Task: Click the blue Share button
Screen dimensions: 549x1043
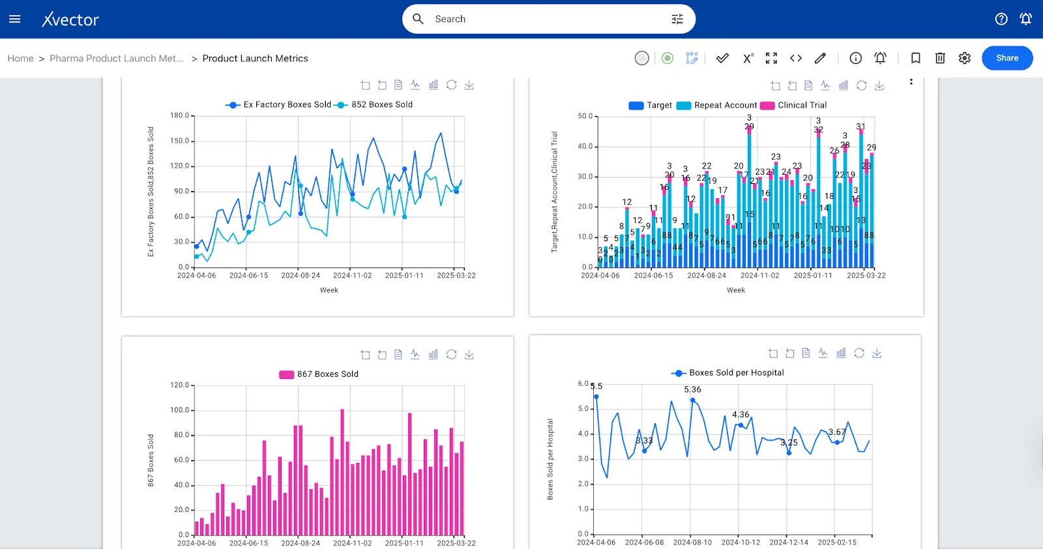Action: click(1006, 58)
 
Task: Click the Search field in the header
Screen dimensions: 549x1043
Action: click(548, 19)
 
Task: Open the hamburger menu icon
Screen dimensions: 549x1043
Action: click(14, 19)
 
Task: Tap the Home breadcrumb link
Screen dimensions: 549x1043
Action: click(20, 59)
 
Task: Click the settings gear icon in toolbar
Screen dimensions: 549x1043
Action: click(964, 58)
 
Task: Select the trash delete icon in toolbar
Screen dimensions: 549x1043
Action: click(939, 58)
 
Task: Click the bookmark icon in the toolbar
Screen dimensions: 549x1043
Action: click(915, 58)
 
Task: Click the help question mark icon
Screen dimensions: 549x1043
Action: click(1001, 19)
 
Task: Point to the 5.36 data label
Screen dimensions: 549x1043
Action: click(692, 389)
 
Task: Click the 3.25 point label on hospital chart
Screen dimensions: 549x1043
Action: click(789, 442)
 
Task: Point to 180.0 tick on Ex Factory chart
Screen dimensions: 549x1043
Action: click(179, 115)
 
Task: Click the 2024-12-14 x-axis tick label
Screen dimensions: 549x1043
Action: click(788, 542)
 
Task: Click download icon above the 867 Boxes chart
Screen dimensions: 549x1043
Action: click(469, 355)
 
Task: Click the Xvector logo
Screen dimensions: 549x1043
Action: click(70, 20)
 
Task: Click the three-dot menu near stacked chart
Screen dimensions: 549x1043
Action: click(911, 82)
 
